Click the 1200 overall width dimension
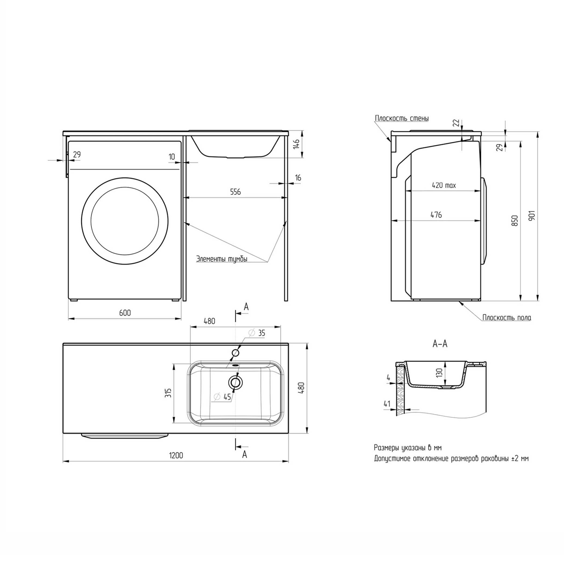176,455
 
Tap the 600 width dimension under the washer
125,313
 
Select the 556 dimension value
235,192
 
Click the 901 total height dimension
531,215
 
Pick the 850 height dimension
515,220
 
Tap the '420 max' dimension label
444,185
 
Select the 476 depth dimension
436,215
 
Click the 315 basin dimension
168,393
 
